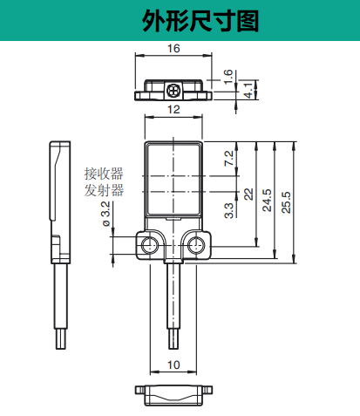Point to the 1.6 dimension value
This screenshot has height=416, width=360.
point(228,76)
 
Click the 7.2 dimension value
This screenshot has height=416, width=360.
point(228,158)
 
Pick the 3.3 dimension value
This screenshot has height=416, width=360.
point(228,209)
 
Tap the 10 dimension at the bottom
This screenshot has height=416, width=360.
point(173,365)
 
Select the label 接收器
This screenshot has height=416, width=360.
point(104,172)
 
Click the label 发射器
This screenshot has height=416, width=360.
point(104,190)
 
